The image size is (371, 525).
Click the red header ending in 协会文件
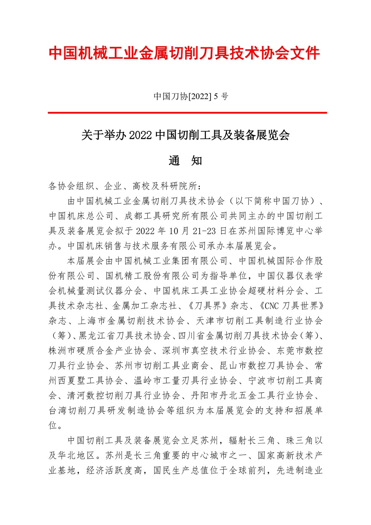(x=185, y=53)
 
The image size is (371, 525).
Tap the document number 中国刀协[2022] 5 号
(x=191, y=97)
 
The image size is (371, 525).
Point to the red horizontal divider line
(x=187, y=113)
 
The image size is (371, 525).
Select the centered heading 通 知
(x=185, y=161)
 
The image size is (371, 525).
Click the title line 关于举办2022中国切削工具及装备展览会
(x=185, y=135)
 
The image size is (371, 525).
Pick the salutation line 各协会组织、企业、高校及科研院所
(x=125, y=186)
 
